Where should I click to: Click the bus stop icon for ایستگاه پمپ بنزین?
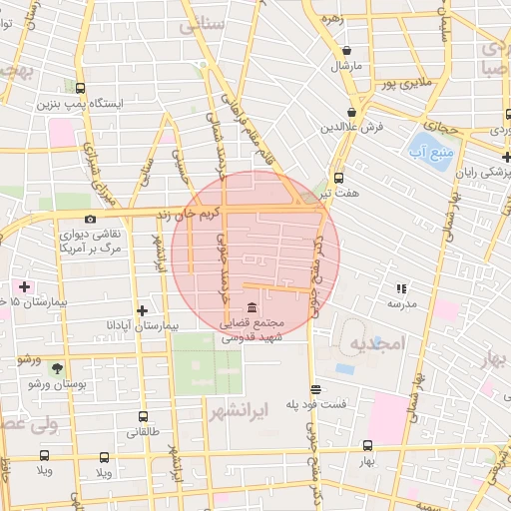(80, 87)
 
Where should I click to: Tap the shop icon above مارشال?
(345, 50)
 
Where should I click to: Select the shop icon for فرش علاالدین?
(351, 112)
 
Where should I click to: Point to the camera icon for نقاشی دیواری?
(91, 219)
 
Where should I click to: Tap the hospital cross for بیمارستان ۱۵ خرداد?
(24, 286)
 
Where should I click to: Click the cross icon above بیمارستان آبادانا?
(142, 310)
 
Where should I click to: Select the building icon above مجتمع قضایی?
(247, 306)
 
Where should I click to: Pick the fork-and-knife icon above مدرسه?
(402, 287)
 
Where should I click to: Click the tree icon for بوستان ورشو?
(56, 367)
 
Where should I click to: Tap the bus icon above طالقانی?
(142, 417)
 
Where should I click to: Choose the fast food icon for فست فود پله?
(316, 389)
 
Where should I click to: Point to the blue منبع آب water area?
(429, 150)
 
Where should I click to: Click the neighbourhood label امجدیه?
(374, 345)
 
